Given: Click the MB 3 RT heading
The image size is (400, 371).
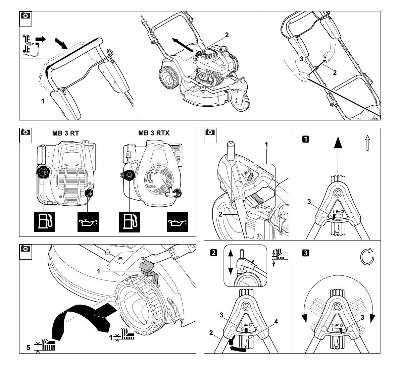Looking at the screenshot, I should point(65,133).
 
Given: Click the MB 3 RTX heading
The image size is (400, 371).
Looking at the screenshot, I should point(154,133).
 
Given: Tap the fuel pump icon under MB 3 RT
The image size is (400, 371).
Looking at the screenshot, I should point(44,221).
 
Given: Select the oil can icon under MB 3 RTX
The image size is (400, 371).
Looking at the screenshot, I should point(178,222).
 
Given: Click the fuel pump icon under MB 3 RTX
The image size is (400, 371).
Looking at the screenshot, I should point(130,222).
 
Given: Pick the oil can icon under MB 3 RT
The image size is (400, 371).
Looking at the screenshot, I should point(88,222).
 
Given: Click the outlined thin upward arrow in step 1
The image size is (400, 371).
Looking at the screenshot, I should point(367,143).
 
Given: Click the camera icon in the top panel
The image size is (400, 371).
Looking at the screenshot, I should point(26,16).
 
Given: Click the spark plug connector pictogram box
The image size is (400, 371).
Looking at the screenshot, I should point(35,45).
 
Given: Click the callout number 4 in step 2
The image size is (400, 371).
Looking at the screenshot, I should point(276,322).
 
